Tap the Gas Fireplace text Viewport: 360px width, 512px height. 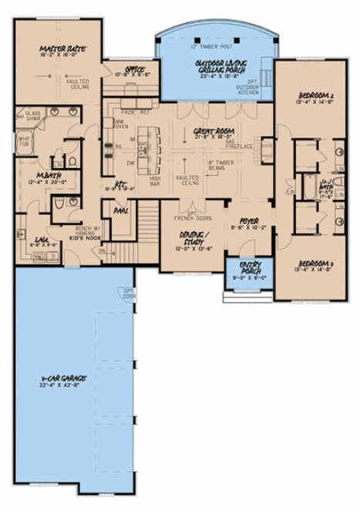(x=231, y=144)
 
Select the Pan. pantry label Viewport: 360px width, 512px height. (x=120, y=208)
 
